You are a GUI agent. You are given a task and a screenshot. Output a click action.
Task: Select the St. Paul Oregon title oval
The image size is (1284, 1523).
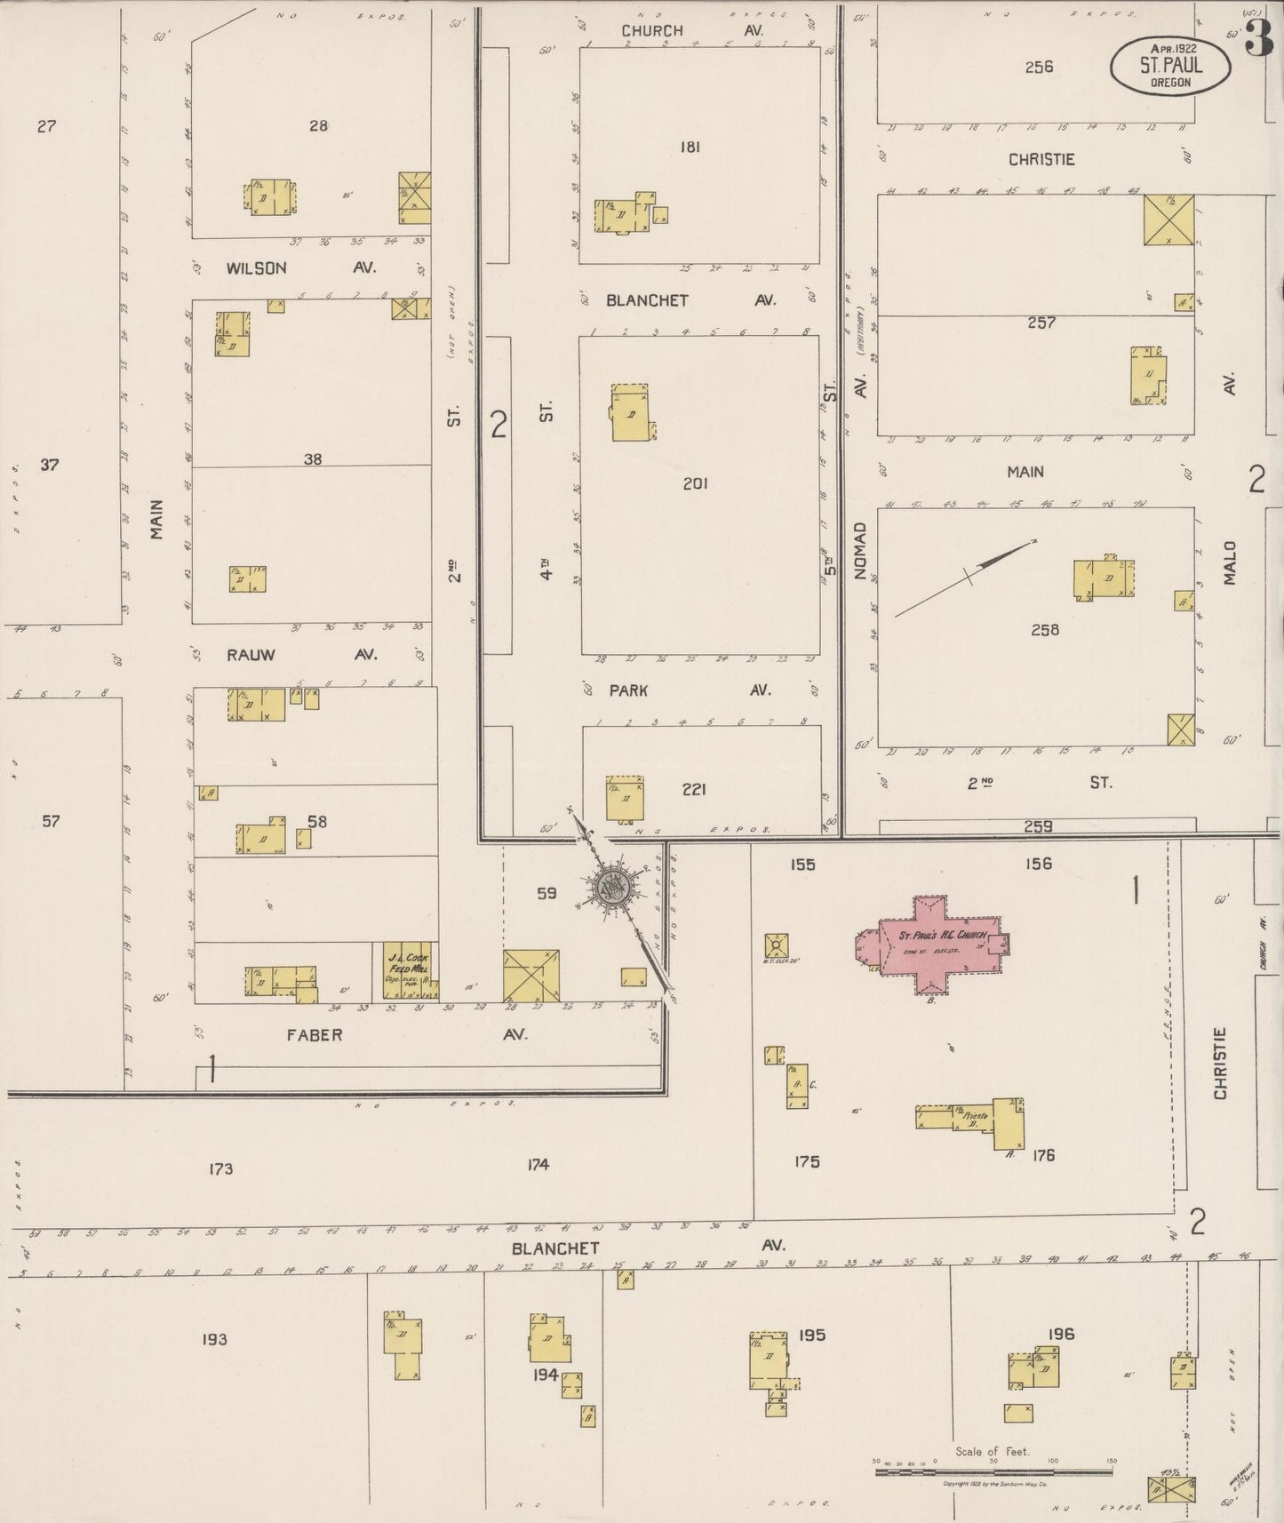1170,65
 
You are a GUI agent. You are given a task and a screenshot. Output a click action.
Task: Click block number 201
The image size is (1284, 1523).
695,483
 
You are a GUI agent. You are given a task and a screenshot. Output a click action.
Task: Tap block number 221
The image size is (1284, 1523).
693,788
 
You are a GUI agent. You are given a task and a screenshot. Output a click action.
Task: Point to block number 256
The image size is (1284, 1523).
1038,67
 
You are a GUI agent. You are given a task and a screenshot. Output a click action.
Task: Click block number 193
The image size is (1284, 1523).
214,1339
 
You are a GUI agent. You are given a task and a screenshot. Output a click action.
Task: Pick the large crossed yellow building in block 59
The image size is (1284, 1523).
531,976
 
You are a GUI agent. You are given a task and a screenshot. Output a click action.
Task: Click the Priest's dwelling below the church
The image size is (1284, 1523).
972,1115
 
